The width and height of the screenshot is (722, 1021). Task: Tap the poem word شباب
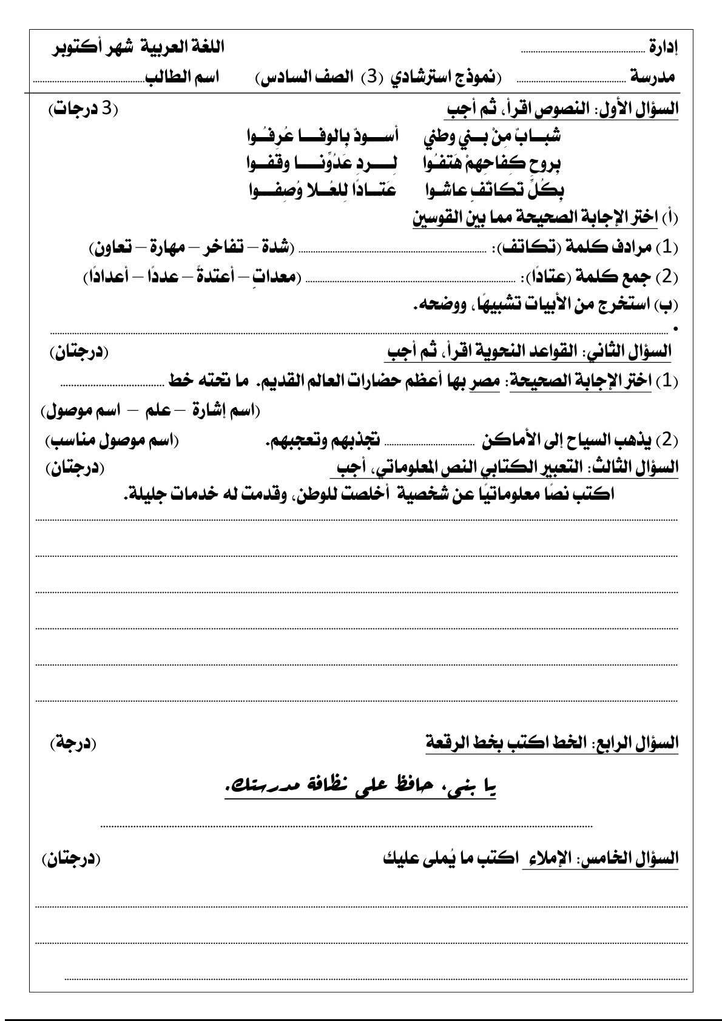point(537,136)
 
